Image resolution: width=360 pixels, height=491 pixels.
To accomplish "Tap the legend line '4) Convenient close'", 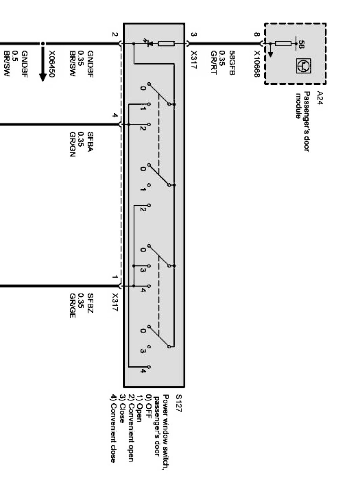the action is coord(113,428).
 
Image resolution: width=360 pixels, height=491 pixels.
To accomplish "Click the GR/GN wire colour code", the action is coord(73,140).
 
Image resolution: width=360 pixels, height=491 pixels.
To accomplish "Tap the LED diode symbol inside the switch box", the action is coord(148,43).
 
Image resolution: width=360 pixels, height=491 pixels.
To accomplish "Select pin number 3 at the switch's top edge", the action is coord(193,34).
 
